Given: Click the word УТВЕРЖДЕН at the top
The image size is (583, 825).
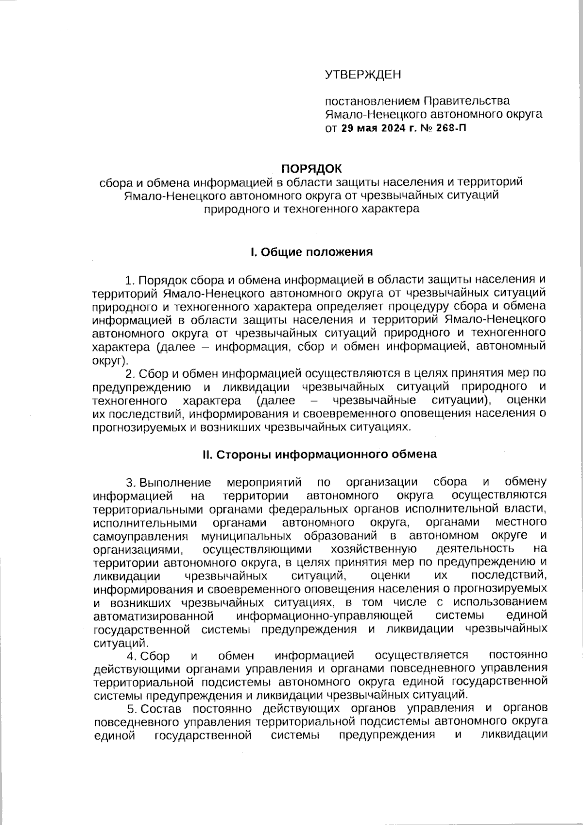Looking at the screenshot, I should coord(363,74).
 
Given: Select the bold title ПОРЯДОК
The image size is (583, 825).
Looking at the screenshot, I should coord(312,168).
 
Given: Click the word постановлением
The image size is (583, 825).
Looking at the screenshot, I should coord(371,101).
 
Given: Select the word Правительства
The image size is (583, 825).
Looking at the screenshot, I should coord(466,101).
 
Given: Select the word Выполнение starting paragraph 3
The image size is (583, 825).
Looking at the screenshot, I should coord(175,482).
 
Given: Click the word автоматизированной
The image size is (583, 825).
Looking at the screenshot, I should coord(153,615).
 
